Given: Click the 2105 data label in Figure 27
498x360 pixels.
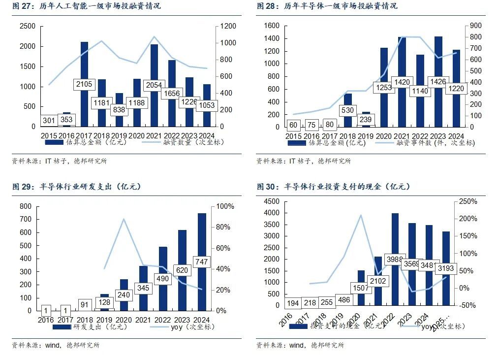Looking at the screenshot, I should (x=85, y=85).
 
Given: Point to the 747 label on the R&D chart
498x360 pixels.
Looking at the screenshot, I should (x=202, y=262).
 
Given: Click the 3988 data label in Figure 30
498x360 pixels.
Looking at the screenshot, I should (x=395, y=259).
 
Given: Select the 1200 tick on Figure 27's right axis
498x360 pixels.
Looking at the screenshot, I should (x=228, y=26).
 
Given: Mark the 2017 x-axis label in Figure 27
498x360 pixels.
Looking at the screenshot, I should (x=84, y=135).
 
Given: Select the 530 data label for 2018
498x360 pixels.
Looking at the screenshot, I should (x=347, y=110).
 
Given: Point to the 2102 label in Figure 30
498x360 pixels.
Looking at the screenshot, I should (x=378, y=281).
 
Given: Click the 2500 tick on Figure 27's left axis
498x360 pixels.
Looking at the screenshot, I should (x=28, y=26).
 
